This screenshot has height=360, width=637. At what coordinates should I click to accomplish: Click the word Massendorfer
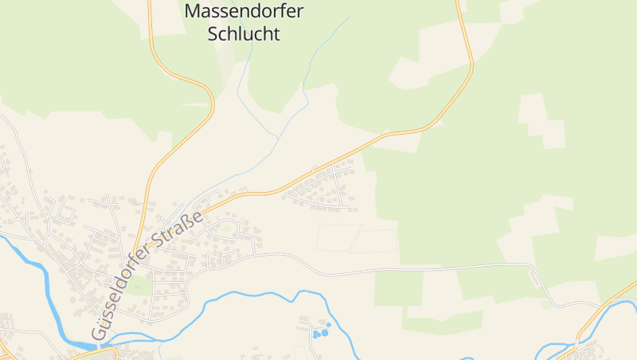[244, 12]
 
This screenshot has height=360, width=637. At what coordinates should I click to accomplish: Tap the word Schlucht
[244, 34]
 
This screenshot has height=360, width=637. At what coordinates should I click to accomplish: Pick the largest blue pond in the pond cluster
[324, 332]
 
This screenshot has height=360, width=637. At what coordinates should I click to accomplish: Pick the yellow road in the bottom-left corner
[6, 351]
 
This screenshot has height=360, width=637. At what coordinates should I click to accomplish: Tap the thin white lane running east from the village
[414, 268]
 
